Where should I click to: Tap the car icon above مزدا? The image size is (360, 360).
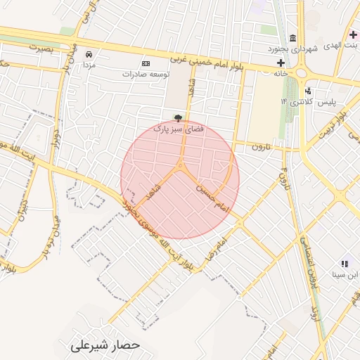point(89,54)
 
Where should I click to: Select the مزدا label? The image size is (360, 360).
point(89,65)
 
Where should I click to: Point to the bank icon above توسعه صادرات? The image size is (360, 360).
point(146,63)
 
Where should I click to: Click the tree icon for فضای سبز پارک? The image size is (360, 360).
point(176,118)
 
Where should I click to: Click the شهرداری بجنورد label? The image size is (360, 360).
point(293,49)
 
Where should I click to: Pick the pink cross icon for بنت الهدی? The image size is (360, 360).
point(353,34)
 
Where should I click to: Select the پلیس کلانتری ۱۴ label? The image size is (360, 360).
point(307,102)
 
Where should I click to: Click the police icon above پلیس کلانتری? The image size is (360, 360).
point(308,91)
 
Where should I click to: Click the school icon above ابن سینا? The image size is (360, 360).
point(345,263)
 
